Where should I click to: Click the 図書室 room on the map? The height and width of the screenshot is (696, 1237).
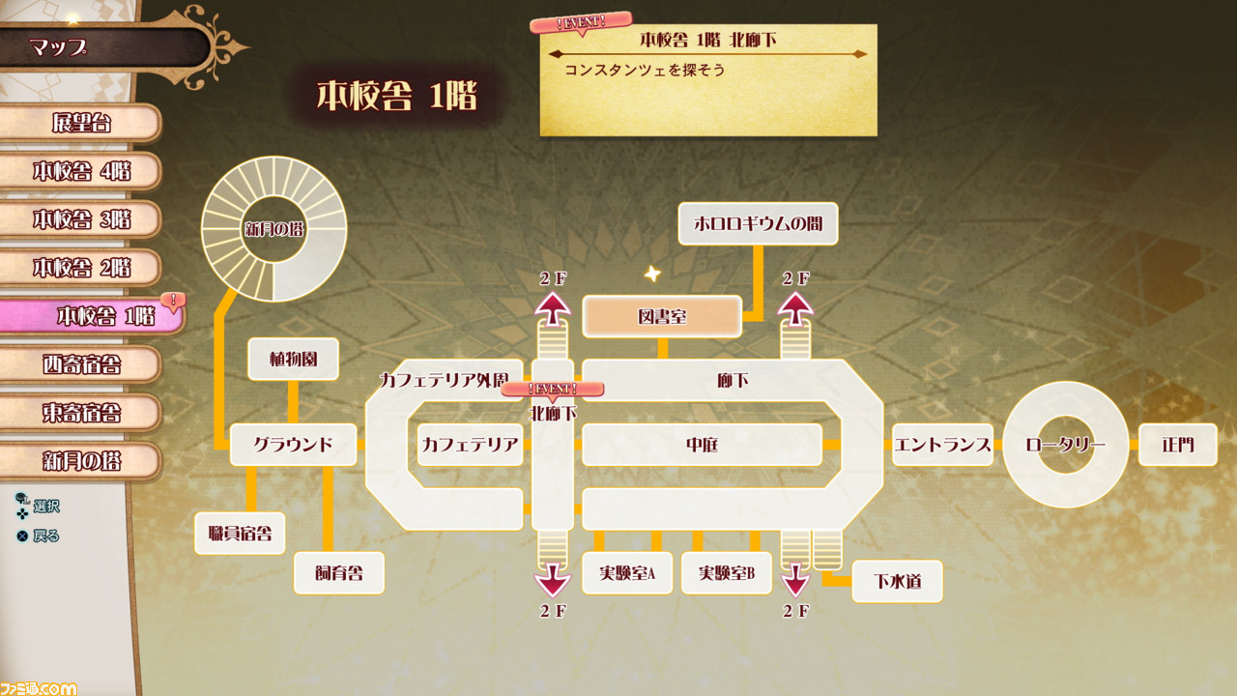pos(662,316)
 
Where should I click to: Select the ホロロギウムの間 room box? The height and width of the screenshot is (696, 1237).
pos(759,223)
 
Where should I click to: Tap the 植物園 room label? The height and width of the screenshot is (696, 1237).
pos(293,359)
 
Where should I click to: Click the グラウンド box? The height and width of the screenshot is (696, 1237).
pos(293,445)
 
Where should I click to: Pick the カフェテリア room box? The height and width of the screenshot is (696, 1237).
pos(470,445)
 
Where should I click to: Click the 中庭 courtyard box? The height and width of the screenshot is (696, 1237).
pos(702,445)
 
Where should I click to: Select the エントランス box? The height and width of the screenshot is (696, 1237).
pos(942,445)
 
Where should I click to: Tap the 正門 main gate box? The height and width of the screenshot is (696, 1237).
pos(1178,445)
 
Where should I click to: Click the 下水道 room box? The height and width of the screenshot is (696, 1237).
pos(898,581)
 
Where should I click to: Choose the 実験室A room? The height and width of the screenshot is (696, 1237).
pos(627,573)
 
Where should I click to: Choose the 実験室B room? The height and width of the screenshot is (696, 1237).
pos(726,573)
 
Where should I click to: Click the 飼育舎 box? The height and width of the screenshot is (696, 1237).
pos(339,573)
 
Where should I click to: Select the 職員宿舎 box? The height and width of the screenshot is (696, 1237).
pos(240,534)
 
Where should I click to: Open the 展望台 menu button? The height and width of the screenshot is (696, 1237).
pos(80,123)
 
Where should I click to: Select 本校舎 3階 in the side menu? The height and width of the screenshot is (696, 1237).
pos(80,219)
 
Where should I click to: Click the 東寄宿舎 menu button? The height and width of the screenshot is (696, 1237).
pos(80,413)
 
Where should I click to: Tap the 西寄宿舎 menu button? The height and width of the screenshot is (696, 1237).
pos(80,364)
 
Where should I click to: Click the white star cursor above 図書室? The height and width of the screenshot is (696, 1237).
pos(652,274)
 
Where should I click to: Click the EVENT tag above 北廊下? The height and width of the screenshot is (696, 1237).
pos(552,390)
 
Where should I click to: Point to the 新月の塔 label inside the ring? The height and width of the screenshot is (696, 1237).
pos(273,229)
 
